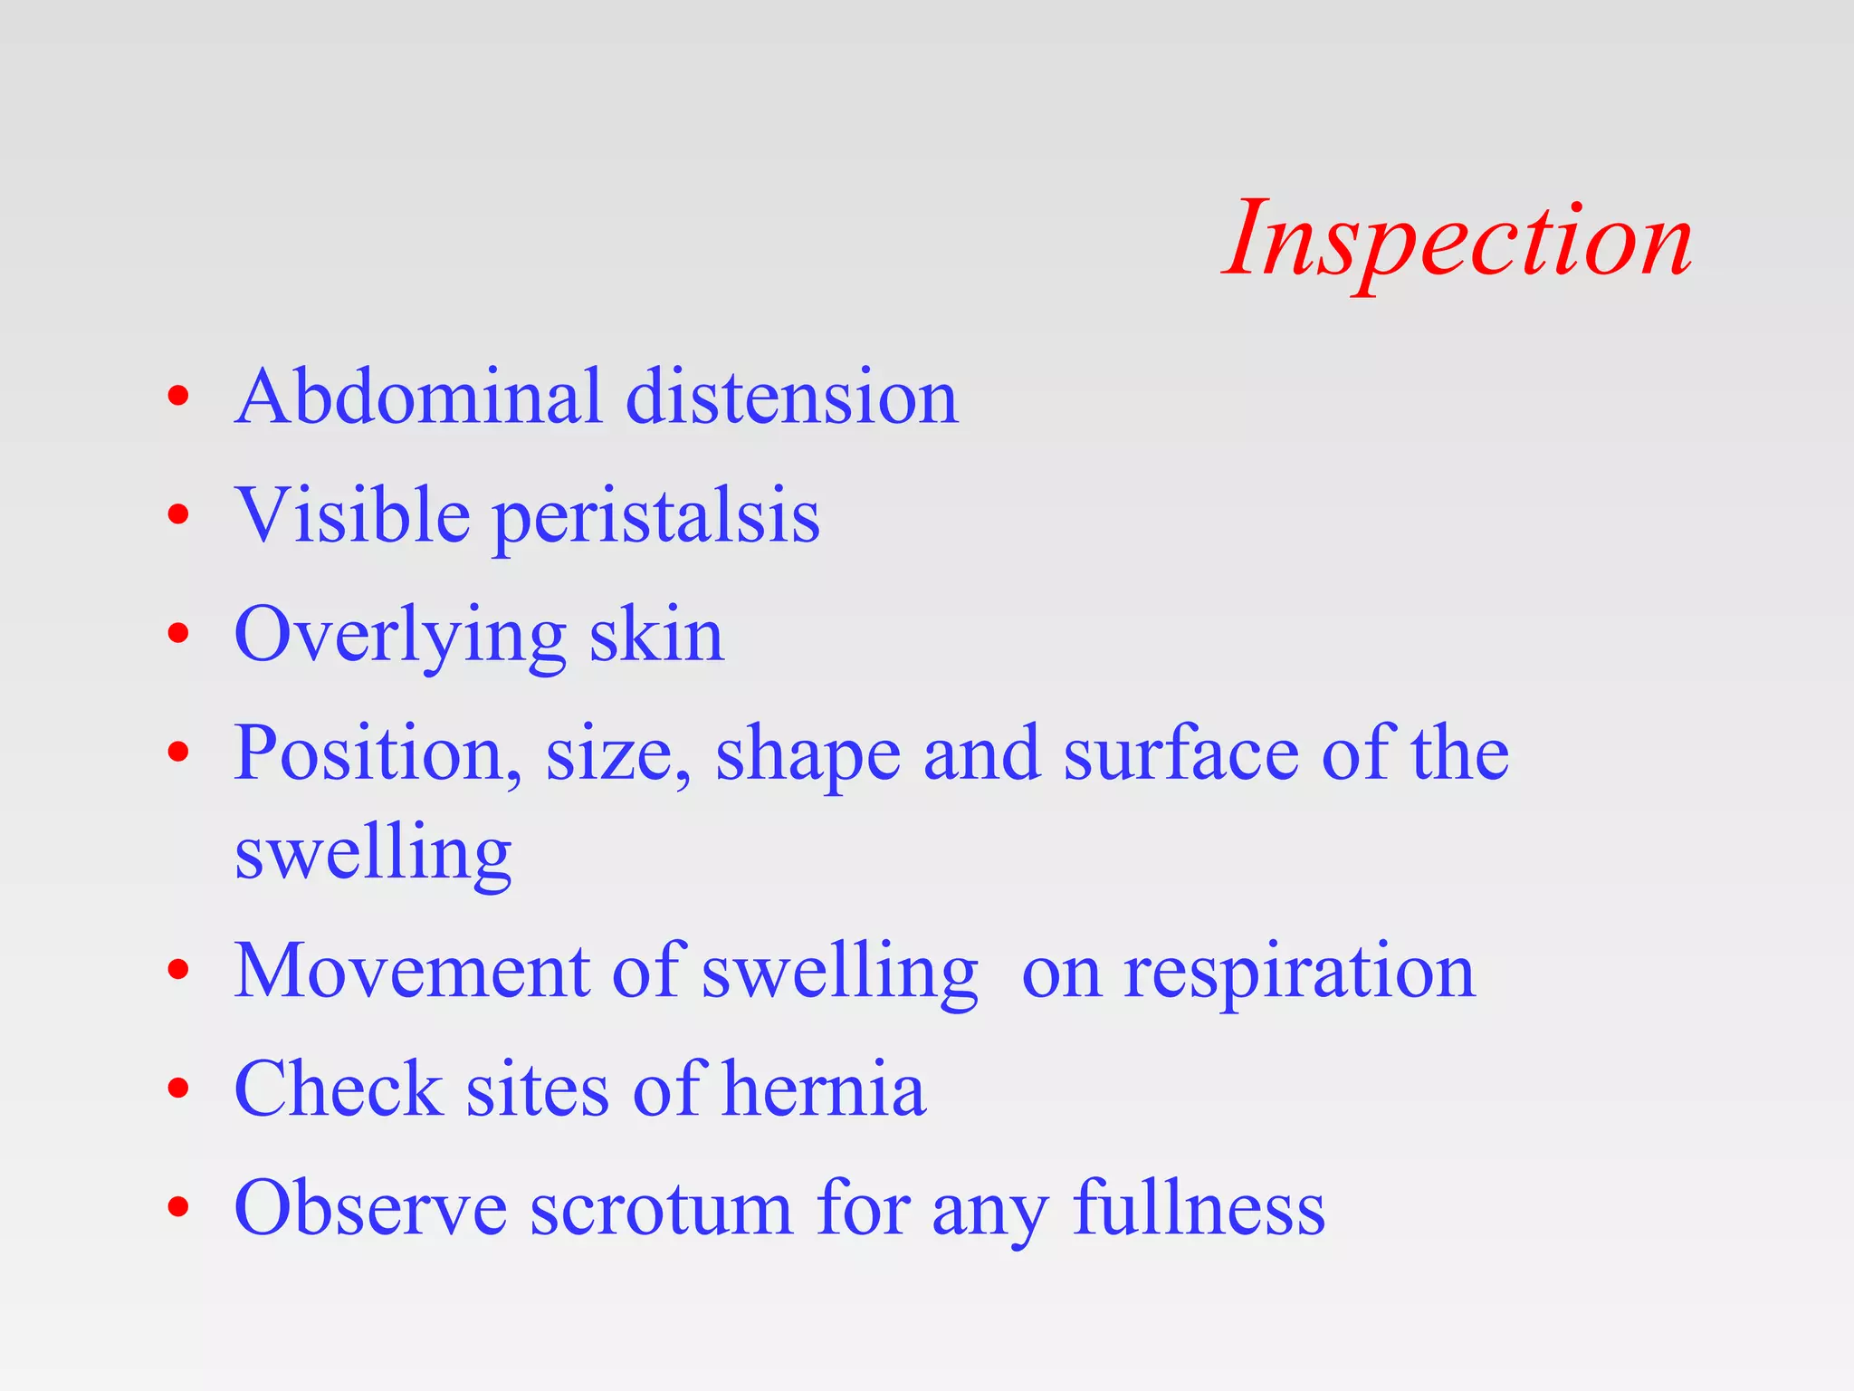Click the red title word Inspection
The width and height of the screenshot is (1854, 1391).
pos(1457,241)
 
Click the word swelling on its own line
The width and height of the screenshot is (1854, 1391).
pos(373,855)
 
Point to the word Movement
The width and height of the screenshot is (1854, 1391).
pos(412,971)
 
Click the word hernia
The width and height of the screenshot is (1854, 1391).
pos(824,1089)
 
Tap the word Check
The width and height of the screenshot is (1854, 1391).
pos(339,1089)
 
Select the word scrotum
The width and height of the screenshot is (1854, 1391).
pos(661,1210)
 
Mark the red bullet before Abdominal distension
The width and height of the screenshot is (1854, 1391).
pos(178,396)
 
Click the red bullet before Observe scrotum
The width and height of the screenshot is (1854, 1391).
pos(178,1207)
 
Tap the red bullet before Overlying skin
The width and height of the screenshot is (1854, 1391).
pos(178,633)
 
